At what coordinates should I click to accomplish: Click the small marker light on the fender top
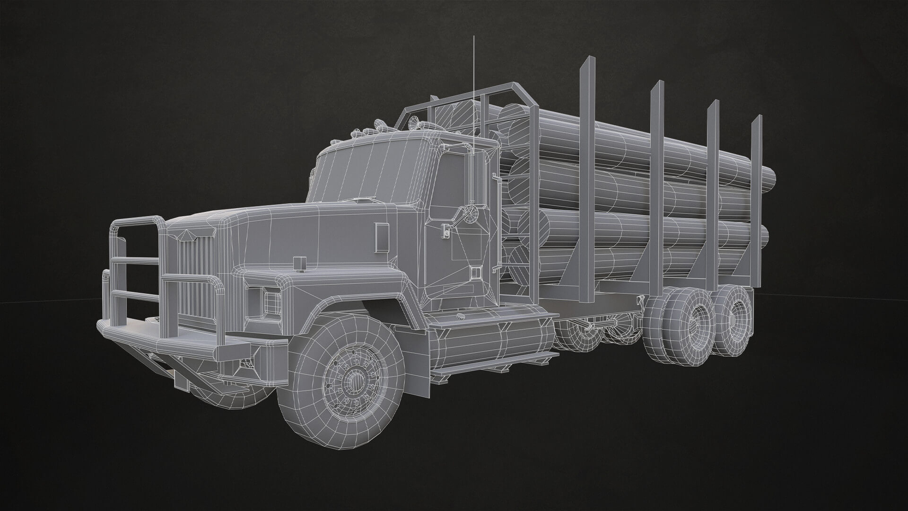pos(299,263)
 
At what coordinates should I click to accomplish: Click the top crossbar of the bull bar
pos(137,220)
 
